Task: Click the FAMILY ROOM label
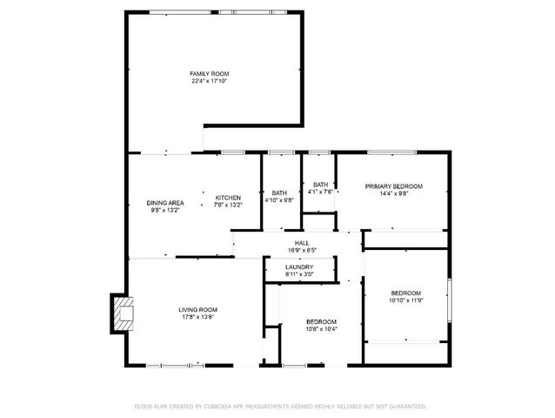(209, 73)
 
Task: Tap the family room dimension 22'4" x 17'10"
(209, 81)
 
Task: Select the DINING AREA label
(164, 202)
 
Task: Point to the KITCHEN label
(227, 198)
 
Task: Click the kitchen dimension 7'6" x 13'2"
(227, 206)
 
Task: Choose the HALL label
(302, 243)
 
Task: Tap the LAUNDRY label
(299, 266)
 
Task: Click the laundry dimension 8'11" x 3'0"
(299, 274)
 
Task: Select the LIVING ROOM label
(198, 309)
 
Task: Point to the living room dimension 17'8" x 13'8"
(198, 317)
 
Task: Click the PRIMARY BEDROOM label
(393, 185)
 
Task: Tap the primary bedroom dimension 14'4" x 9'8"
(393, 193)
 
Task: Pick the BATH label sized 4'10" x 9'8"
(279, 192)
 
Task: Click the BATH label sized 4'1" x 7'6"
(321, 184)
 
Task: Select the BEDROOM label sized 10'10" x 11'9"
(405, 293)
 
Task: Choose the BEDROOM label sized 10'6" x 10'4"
(321, 321)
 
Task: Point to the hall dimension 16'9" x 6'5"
(302, 251)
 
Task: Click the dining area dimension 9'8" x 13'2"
(164, 210)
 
